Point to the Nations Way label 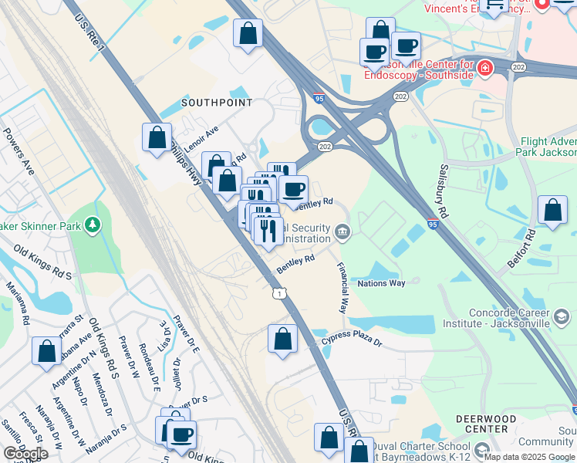click(381, 283)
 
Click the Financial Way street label click(342, 287)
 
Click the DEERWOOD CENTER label click(486, 424)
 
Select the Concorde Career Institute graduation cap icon click(562, 316)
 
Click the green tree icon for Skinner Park click(93, 225)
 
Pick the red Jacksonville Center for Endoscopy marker click(484, 68)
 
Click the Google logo click(25, 454)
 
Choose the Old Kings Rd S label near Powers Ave click(45, 264)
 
